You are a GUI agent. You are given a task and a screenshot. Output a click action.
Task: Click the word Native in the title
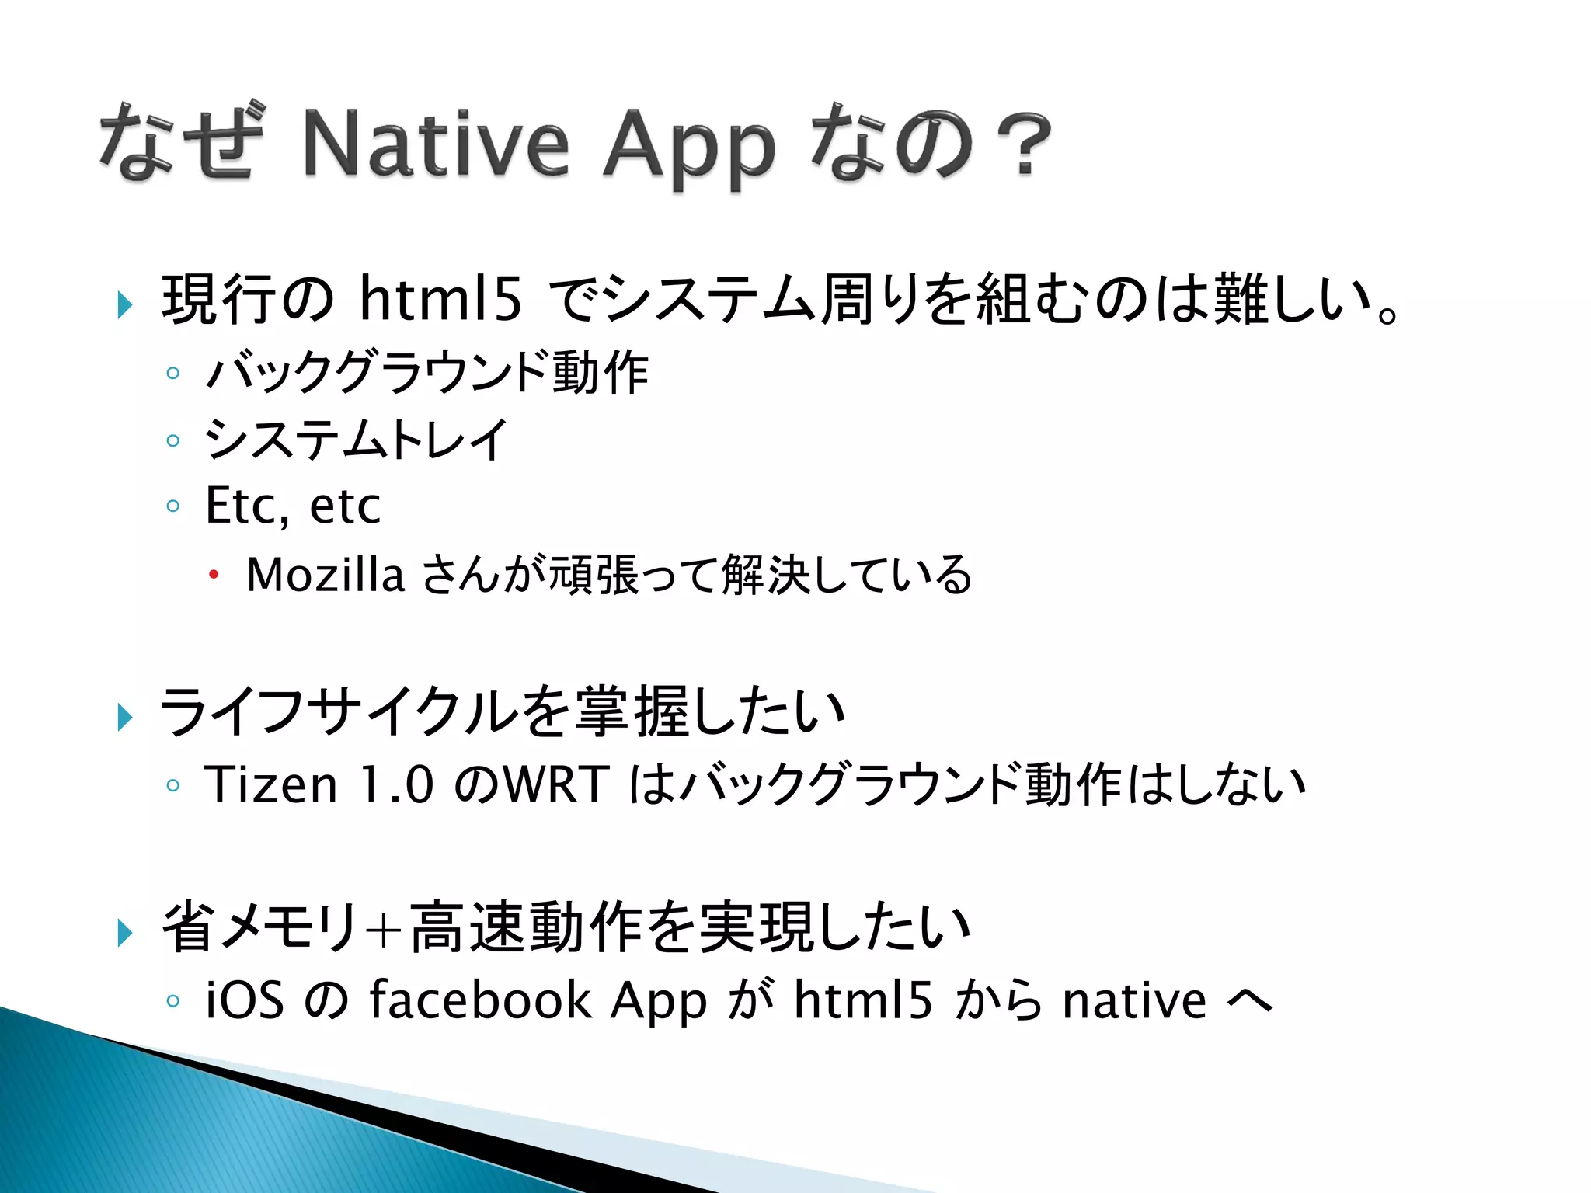pyautogui.click(x=436, y=144)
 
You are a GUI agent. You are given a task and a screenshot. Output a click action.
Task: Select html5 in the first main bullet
pyautogui.click(x=440, y=299)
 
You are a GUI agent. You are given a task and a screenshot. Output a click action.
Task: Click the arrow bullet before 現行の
pyautogui.click(x=124, y=304)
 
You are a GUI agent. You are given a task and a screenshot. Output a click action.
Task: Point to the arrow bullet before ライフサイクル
pyautogui.click(x=124, y=716)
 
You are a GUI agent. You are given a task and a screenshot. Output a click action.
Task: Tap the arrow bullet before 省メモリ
pyautogui.click(x=124, y=931)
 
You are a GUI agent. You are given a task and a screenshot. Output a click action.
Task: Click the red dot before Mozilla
pyautogui.click(x=214, y=576)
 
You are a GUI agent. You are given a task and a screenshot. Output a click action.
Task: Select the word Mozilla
pyautogui.click(x=325, y=575)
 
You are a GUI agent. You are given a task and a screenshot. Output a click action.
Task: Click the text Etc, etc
pyautogui.click(x=293, y=506)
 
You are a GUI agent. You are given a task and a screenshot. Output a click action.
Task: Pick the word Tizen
pyautogui.click(x=271, y=784)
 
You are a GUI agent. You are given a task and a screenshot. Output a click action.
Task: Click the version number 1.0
pyautogui.click(x=396, y=784)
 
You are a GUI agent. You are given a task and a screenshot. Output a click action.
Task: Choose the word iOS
pyautogui.click(x=244, y=1000)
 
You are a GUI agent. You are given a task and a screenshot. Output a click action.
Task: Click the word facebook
pyautogui.click(x=480, y=1000)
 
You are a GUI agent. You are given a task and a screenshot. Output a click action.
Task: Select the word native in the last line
pyautogui.click(x=1134, y=1000)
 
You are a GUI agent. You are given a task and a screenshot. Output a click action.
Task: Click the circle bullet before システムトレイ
pyautogui.click(x=172, y=440)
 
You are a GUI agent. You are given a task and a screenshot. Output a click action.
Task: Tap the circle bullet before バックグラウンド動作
pyautogui.click(x=172, y=374)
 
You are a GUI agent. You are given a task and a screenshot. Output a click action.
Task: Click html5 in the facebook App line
pyautogui.click(x=862, y=1000)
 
